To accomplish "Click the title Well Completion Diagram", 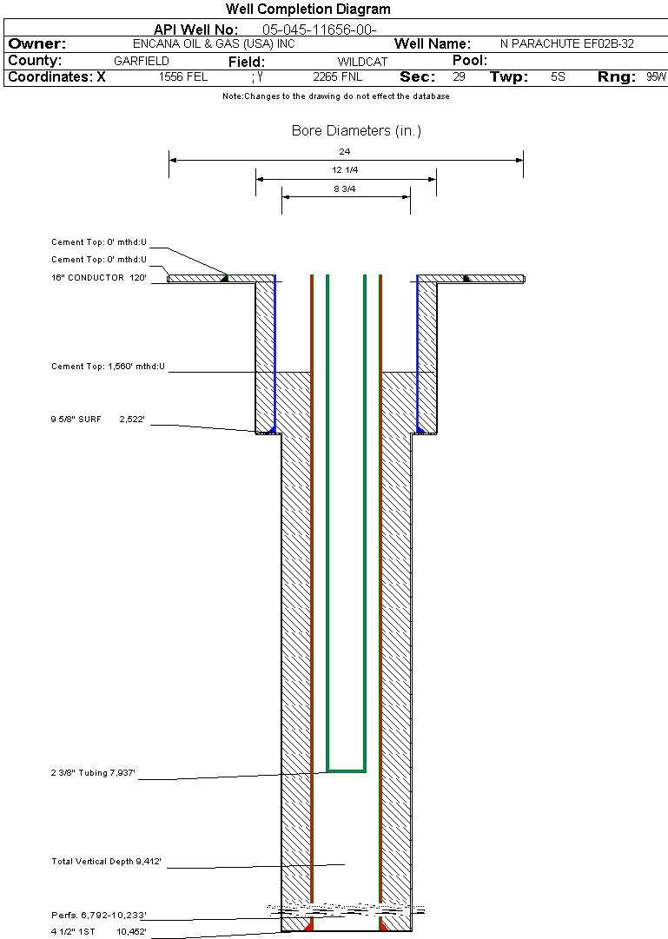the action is click(308, 9).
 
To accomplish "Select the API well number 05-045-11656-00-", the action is click(320, 30).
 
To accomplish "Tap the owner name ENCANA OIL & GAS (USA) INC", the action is click(214, 43).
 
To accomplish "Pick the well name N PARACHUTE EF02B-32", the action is click(566, 43).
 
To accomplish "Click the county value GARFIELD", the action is click(142, 61).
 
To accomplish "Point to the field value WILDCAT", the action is click(362, 62).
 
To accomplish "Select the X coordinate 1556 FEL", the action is click(183, 76).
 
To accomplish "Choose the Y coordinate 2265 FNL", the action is click(337, 76).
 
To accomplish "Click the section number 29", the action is click(459, 76).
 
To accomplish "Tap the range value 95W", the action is click(656, 76).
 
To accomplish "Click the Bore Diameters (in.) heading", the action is click(356, 130).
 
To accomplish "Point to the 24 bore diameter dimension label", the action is click(345, 151).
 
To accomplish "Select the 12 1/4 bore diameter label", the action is click(345, 170).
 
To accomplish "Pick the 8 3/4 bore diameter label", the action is click(345, 188).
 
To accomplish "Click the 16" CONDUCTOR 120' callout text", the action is click(99, 277).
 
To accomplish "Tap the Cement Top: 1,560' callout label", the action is click(108, 366).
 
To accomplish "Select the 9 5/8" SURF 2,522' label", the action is click(97, 420).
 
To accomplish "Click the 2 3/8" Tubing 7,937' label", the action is click(93, 772).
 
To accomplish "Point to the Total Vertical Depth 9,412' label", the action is click(106, 861).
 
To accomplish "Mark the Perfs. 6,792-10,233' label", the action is click(99, 915).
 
